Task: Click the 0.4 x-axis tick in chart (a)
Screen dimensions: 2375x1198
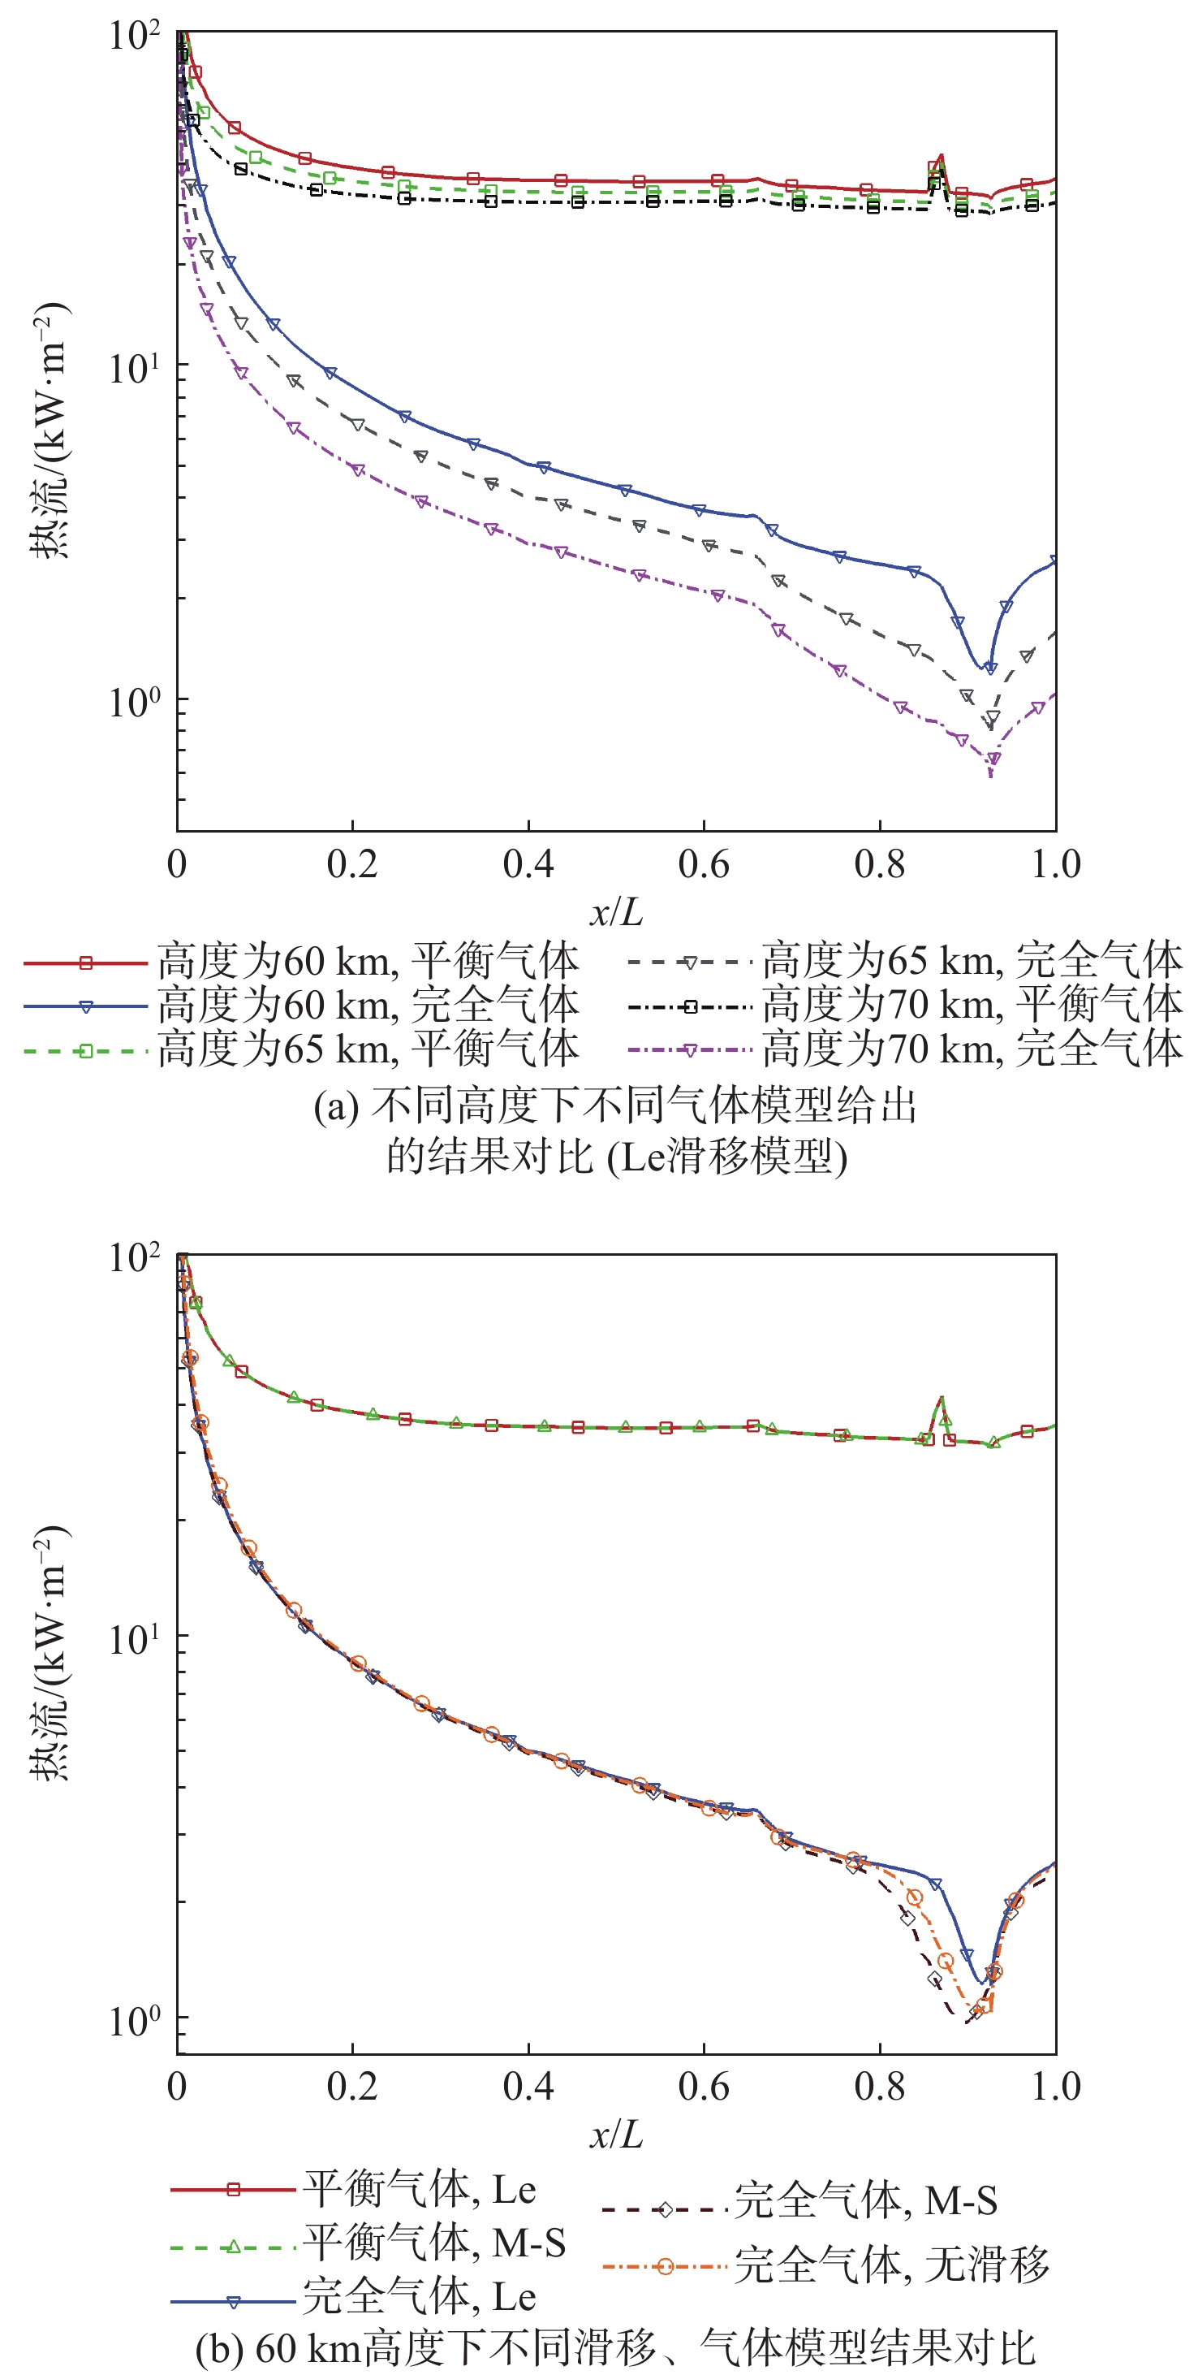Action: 528,865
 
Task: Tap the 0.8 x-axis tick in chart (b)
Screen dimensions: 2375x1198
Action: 879,2087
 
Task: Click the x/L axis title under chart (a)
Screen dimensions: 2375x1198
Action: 615,913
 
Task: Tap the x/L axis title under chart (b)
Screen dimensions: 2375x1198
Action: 615,2135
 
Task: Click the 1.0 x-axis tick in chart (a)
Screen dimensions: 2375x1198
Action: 1055,865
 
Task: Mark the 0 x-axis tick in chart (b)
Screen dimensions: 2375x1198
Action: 177,2087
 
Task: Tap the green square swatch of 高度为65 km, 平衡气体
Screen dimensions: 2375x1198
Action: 86,1050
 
